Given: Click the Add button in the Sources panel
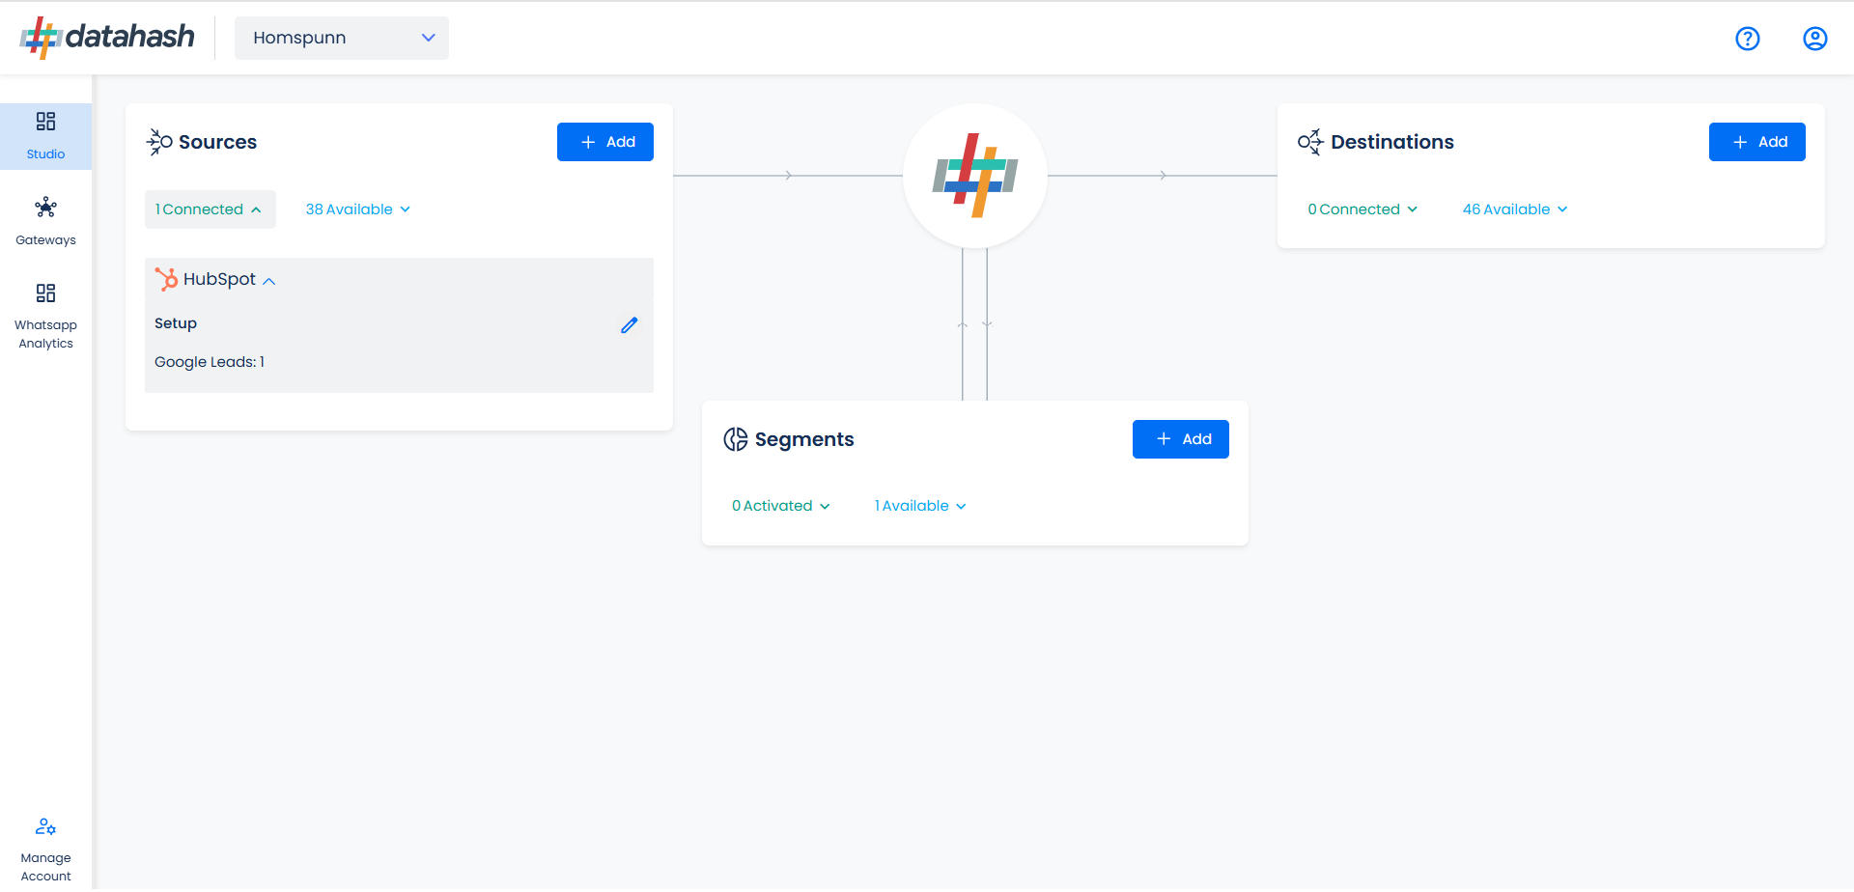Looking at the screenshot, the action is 604,142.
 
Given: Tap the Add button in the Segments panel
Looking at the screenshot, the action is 1180,439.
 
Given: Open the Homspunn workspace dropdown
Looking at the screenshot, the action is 342,38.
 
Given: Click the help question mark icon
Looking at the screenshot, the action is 1748,39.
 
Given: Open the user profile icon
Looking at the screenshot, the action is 1815,39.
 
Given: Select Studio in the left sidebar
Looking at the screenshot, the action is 45,136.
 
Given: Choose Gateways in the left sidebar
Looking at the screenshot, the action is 45,222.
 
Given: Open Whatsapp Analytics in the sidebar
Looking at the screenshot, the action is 45,317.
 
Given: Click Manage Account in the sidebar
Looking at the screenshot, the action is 45,850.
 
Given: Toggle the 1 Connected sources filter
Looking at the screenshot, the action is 210,209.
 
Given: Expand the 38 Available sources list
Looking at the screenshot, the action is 358,209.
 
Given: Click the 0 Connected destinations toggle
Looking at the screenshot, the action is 1362,209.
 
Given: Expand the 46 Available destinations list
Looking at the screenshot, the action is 1515,209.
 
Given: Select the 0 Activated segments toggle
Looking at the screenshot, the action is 780,506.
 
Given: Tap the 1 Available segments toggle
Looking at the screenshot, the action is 920,506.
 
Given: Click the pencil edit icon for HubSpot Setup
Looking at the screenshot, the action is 630,325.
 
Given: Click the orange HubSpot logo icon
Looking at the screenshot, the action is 166,279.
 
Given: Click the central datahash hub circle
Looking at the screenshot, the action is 975,176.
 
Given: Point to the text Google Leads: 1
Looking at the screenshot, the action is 210,362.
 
